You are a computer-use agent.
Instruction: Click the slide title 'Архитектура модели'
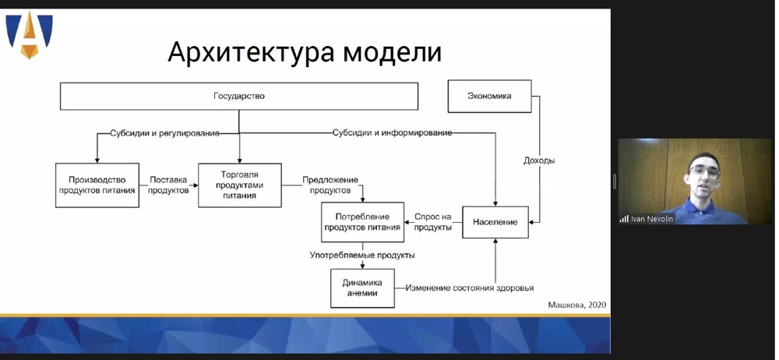tap(305, 52)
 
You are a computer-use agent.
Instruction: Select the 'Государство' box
tap(239, 96)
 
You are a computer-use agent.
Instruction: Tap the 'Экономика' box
tap(489, 96)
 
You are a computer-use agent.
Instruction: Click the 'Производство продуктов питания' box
tap(97, 185)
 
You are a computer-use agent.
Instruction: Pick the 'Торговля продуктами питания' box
tap(239, 185)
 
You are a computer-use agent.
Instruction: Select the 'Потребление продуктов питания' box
tap(362, 222)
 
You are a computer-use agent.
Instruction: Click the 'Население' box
tap(495, 222)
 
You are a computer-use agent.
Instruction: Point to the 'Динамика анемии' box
tap(362, 288)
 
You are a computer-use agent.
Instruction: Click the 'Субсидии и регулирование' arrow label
tap(165, 133)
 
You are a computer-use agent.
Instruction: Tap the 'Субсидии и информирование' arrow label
tap(392, 132)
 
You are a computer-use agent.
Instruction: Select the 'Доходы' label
tap(539, 161)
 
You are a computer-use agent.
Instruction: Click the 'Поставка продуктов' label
tap(169, 185)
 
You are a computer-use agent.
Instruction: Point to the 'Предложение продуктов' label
tap(330, 185)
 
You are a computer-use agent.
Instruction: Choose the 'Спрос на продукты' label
tap(432, 222)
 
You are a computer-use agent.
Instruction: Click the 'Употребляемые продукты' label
tap(362, 255)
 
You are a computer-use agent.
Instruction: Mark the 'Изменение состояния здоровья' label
tap(470, 288)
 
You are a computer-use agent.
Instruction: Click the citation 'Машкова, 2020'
tap(576, 305)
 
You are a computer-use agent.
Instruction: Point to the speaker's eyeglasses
tap(704, 171)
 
